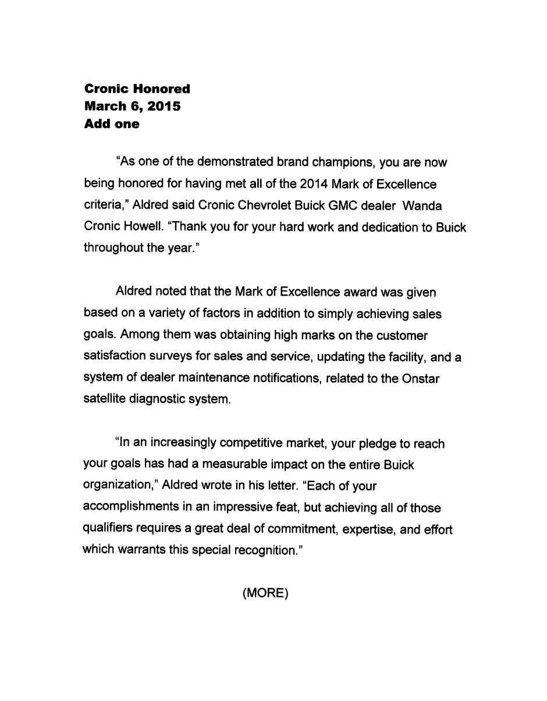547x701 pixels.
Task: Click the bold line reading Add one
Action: [112, 124]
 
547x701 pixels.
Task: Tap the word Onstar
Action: [420, 379]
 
